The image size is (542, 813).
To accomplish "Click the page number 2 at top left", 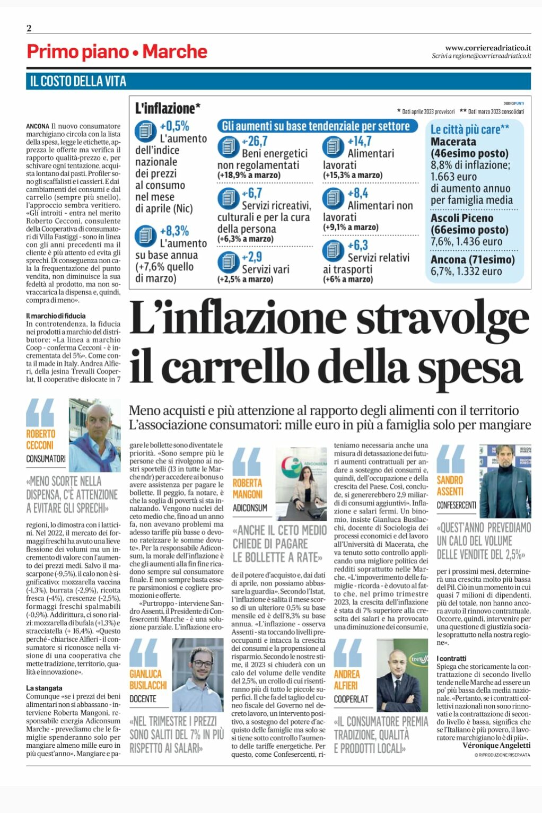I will [x=29, y=29].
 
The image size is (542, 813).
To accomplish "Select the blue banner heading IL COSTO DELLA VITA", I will [x=78, y=81].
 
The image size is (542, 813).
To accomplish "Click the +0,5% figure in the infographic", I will [x=174, y=126].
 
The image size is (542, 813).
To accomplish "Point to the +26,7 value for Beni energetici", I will [x=255, y=141].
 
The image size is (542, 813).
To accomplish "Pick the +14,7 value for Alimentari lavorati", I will [x=360, y=141].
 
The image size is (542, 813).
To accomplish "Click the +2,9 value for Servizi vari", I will [x=252, y=257].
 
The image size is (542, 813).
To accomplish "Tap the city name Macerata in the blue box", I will [x=453, y=142].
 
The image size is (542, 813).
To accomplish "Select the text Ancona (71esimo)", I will [x=473, y=259].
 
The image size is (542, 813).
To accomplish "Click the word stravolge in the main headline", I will [x=443, y=319].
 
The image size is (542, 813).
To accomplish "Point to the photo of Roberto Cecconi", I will [x=95, y=435].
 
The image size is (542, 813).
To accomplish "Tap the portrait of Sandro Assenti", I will [x=505, y=481].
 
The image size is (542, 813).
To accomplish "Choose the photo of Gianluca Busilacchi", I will [x=197, y=675].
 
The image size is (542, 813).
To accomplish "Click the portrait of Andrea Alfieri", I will [x=402, y=675].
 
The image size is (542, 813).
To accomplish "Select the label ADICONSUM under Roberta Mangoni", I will [x=250, y=508].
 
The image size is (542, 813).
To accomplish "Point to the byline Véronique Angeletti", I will [x=496, y=745].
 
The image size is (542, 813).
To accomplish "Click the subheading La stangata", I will [x=44, y=688].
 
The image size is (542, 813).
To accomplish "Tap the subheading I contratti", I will [x=451, y=658].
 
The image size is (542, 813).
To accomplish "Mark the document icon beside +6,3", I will [x=333, y=250].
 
